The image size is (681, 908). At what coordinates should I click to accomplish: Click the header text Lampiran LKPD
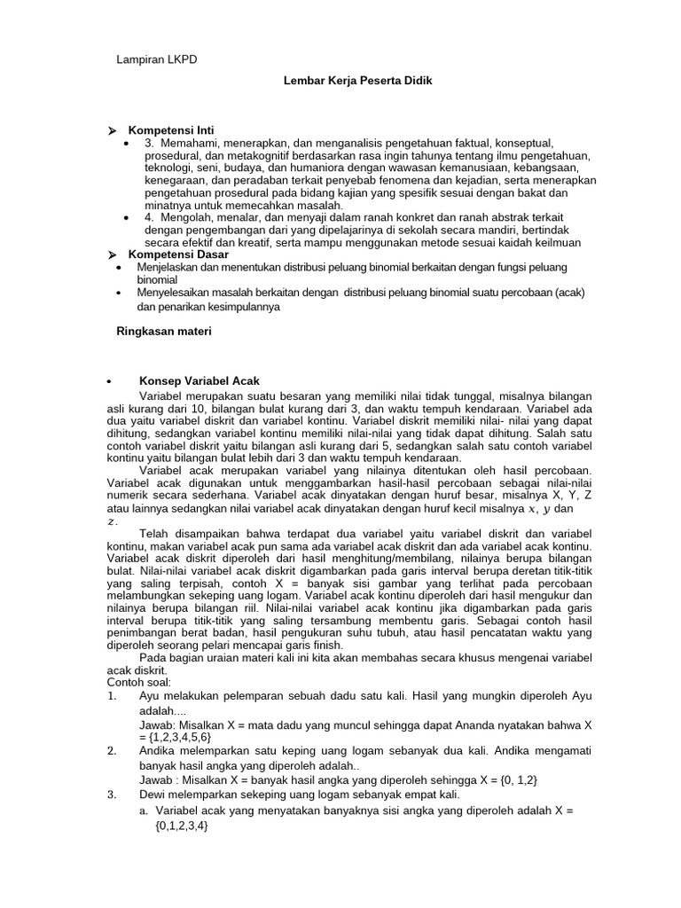click(x=157, y=59)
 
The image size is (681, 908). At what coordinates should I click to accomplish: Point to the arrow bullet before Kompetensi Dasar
click(x=112, y=254)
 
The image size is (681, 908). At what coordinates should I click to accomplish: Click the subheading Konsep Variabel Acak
click(x=200, y=380)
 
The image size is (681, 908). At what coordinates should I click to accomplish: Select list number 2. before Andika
click(x=112, y=749)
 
